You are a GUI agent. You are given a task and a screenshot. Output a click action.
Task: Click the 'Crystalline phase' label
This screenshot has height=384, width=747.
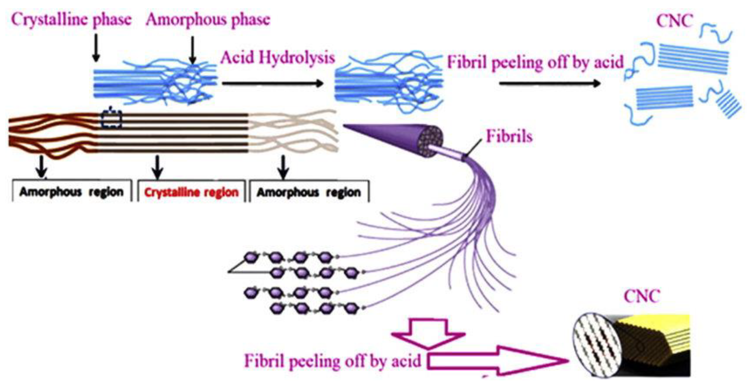(71, 20)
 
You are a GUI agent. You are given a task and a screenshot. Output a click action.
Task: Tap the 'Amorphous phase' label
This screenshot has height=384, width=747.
(208, 20)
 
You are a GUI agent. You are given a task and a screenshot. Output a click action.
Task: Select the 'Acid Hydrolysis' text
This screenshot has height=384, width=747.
(277, 57)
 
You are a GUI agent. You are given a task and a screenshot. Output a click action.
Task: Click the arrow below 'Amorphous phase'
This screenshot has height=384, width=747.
(192, 50)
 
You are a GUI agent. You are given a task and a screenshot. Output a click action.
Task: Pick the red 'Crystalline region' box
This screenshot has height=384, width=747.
(191, 192)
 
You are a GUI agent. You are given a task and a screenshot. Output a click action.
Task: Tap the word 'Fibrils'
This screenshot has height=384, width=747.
(509, 136)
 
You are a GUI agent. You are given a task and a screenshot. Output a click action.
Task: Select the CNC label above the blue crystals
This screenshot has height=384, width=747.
(675, 21)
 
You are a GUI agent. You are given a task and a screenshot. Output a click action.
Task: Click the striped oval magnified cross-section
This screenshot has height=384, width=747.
(597, 345)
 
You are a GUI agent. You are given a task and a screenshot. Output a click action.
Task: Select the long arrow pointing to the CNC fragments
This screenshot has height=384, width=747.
(549, 84)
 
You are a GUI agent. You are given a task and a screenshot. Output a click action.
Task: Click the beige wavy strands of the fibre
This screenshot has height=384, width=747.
(293, 130)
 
